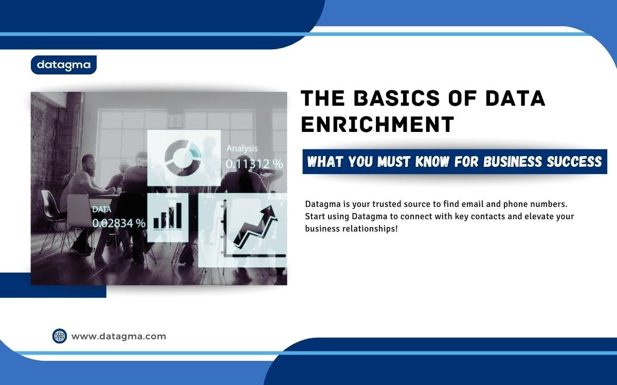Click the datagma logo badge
pyautogui.click(x=64, y=65)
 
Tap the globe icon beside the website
pyautogui.click(x=60, y=336)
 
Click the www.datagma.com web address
pyautogui.click(x=119, y=337)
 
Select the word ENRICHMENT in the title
pyautogui.click(x=377, y=125)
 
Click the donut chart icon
pyautogui.click(x=184, y=158)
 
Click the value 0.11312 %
pyautogui.click(x=255, y=164)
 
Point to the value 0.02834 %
pyautogui.click(x=119, y=223)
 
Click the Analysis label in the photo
pyautogui.click(x=242, y=148)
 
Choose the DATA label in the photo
pyautogui.click(x=101, y=209)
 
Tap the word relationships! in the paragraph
pyautogui.click(x=371, y=228)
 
